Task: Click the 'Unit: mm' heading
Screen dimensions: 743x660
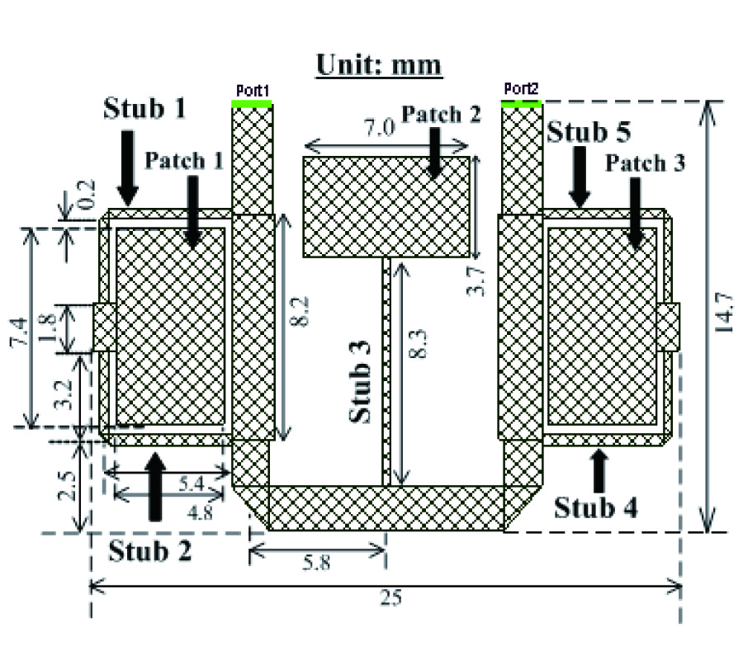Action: [379, 65]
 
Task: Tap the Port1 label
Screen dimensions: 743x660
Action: [253, 90]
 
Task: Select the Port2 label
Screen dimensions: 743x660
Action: [521, 88]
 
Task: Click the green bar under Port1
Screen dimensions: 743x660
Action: [252, 104]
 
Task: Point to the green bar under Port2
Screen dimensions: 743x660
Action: [522, 104]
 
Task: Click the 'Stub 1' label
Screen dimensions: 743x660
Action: [144, 108]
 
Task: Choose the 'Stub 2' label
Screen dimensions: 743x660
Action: [149, 550]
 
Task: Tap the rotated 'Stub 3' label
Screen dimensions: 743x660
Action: [360, 381]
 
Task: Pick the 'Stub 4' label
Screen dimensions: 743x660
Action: [595, 507]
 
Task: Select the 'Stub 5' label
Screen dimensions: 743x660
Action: [589, 132]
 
